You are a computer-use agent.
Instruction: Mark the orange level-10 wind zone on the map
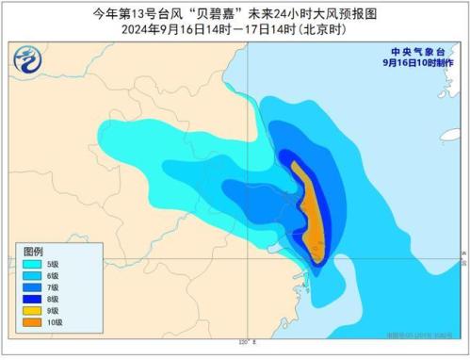[307, 212]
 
